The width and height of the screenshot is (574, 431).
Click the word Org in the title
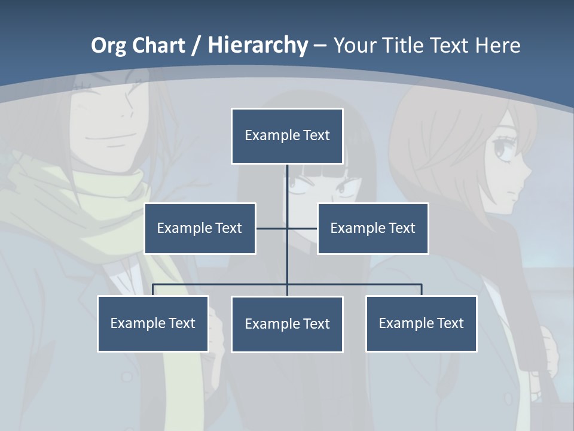tap(108, 45)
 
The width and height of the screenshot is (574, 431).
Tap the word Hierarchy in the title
tap(258, 45)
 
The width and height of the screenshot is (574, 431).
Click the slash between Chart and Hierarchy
tap(196, 45)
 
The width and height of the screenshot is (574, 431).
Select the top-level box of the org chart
tap(287, 136)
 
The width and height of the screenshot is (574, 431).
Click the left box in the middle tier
tap(200, 228)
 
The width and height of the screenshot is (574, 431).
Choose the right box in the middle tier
tap(373, 228)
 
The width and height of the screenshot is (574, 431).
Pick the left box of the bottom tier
tap(153, 323)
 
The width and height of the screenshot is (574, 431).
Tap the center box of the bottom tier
tap(287, 324)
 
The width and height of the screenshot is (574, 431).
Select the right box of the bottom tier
tap(422, 323)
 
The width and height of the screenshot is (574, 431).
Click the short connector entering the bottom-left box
tap(153, 290)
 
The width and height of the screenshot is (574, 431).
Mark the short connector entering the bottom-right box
tap(422, 290)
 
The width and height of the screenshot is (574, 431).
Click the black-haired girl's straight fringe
tap(317, 171)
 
